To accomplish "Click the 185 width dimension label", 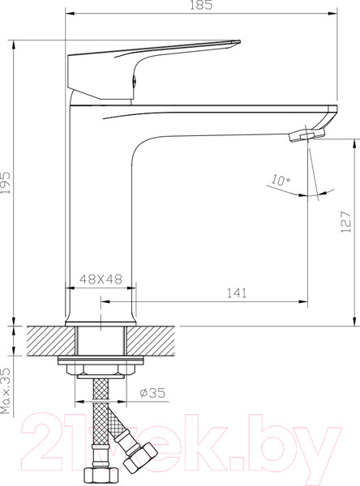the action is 201,5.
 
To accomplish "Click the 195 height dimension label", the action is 6,182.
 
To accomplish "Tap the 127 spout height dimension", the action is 345,222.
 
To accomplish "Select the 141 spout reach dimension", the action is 237,293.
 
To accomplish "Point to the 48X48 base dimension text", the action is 101,279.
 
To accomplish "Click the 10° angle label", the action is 281,181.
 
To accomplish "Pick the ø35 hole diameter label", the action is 152,393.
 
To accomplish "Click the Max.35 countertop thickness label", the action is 6,391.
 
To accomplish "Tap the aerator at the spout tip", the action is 306,135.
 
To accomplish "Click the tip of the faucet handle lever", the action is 239,41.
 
